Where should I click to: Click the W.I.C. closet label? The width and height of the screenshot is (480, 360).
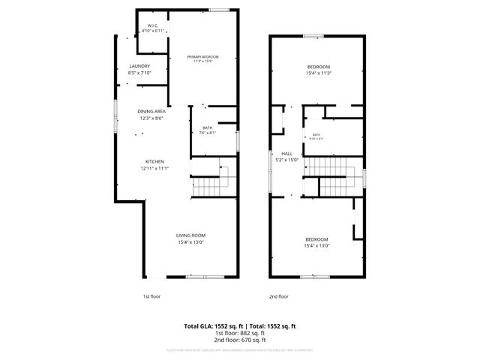pyautogui.click(x=154, y=25)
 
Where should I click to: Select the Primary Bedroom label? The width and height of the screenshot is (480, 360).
pyautogui.click(x=203, y=57)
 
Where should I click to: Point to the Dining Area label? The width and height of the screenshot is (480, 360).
pyautogui.click(x=151, y=112)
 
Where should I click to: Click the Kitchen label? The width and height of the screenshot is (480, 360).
pyautogui.click(x=154, y=161)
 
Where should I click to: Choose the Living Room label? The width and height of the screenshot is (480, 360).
pyautogui.click(x=191, y=235)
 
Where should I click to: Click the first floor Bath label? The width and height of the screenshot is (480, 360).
pyautogui.click(x=208, y=127)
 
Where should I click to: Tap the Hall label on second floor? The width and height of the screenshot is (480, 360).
pyautogui.click(x=286, y=153)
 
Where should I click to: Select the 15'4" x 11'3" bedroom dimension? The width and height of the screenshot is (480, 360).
pyautogui.click(x=318, y=73)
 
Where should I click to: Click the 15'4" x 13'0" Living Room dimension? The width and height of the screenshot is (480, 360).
pyautogui.click(x=191, y=242)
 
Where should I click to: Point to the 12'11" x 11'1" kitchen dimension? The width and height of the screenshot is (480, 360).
pyautogui.click(x=154, y=168)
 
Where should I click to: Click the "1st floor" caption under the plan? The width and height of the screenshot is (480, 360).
pyautogui.click(x=151, y=296)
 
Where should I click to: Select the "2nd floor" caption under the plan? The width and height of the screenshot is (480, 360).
pyautogui.click(x=278, y=296)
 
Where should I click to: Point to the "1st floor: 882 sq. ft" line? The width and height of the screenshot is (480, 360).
pyautogui.click(x=240, y=333)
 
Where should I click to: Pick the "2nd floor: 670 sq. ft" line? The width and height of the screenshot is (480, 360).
pyautogui.click(x=240, y=340)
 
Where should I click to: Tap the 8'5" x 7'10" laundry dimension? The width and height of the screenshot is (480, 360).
pyautogui.click(x=139, y=73)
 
